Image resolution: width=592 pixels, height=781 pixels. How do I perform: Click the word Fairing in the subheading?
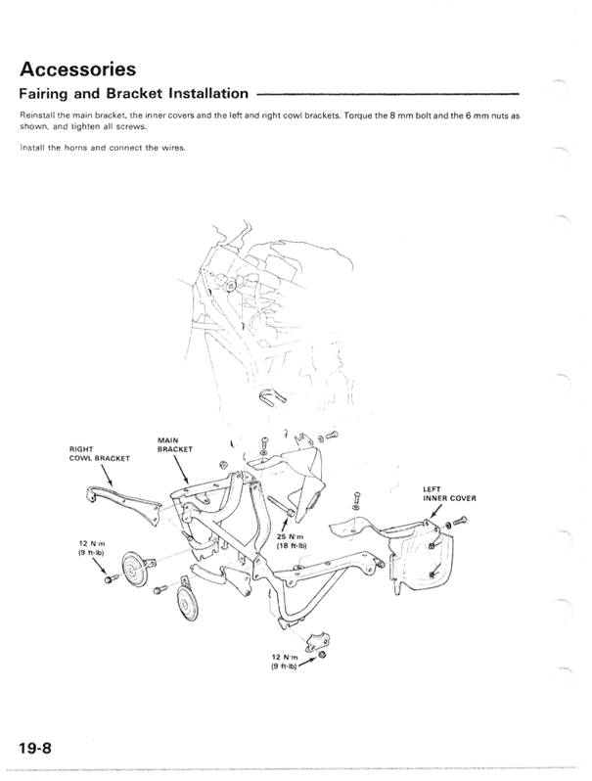[x=46, y=95]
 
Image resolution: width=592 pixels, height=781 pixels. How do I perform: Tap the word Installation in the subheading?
[x=207, y=95]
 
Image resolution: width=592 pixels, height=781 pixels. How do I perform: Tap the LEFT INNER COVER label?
[x=449, y=491]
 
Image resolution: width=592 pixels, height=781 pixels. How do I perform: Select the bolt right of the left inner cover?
[x=449, y=528]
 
